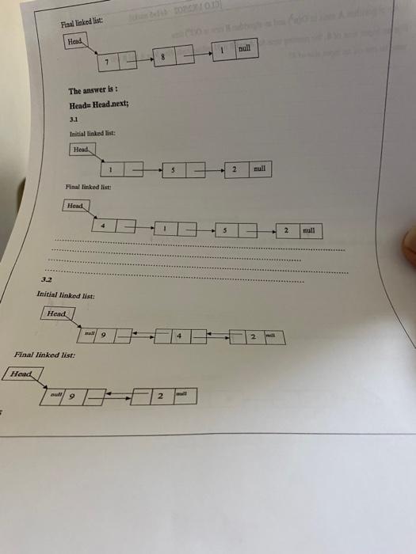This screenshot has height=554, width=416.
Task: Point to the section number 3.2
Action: pos(45,280)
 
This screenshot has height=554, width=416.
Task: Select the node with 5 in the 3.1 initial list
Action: pos(174,169)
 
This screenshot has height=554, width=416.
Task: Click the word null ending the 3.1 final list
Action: pos(308,231)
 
